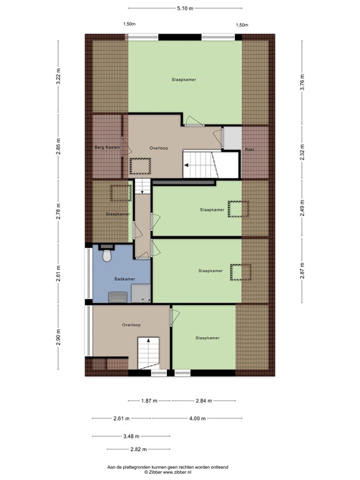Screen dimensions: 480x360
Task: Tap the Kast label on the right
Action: tap(249, 149)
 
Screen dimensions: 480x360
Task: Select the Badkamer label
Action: tap(124, 279)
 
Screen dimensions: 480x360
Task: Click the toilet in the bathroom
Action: tap(106, 256)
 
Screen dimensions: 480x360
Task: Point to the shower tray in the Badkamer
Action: tap(142, 292)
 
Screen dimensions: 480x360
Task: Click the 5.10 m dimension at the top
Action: tap(185, 8)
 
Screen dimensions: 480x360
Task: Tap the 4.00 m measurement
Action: tap(197, 418)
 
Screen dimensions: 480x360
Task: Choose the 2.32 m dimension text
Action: tap(302, 153)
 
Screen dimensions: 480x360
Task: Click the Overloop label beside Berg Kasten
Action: tap(159, 148)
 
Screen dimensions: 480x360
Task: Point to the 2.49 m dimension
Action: tap(302, 206)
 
